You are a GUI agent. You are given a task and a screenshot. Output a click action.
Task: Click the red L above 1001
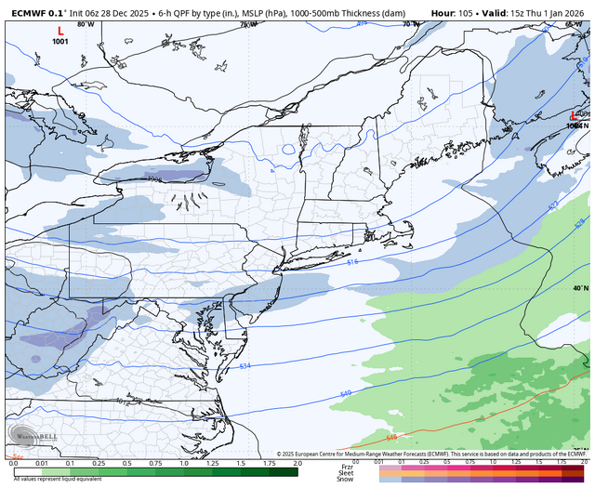pyautogui.click(x=60, y=31)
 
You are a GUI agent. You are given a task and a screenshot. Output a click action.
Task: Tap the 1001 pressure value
pyautogui.click(x=60, y=42)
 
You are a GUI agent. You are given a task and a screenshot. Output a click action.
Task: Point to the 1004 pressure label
pyautogui.click(x=575, y=125)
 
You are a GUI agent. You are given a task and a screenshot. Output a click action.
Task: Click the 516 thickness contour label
pyautogui.click(x=352, y=263)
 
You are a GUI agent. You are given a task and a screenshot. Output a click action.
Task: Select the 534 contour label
pyautogui.click(x=245, y=366)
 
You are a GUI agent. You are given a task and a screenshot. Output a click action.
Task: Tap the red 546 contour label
pyautogui.click(x=391, y=437)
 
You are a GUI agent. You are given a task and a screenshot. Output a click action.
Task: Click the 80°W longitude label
pyautogui.click(x=86, y=24)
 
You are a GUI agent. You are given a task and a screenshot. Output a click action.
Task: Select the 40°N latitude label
pyautogui.click(x=579, y=288)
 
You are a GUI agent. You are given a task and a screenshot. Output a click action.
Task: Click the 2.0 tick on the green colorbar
pyautogui.click(x=297, y=462)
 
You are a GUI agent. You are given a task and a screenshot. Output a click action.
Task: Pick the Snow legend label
pyautogui.click(x=347, y=479)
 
